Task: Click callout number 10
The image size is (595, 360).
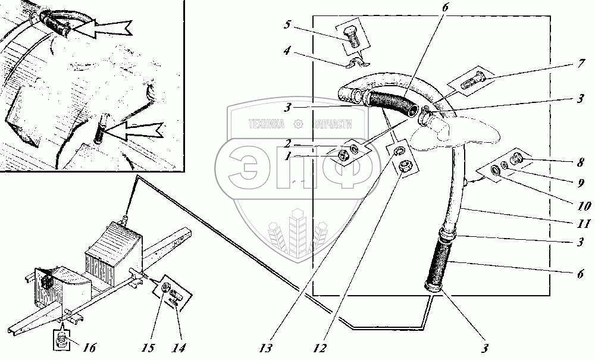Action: point(584,206)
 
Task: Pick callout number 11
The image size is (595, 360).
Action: point(585,224)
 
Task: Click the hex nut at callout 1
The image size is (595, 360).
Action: point(343,155)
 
